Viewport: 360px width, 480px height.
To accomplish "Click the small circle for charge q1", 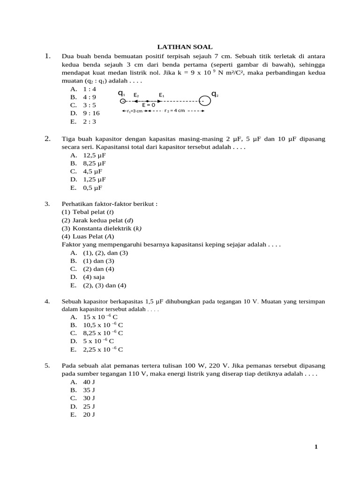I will click(122, 101).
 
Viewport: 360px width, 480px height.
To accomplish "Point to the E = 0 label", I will click(149, 105).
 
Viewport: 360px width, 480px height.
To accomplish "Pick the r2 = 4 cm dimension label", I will click(175, 111).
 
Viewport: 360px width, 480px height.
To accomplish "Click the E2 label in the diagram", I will click(136, 95).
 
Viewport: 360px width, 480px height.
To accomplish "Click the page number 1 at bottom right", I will click(316, 447).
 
